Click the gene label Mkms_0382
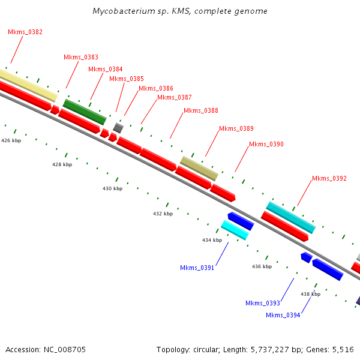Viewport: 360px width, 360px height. (25, 32)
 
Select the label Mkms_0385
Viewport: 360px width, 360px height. (127, 79)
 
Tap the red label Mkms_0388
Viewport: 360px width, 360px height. (201, 110)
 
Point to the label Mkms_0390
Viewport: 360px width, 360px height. (266, 144)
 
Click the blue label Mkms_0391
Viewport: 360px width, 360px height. (197, 268)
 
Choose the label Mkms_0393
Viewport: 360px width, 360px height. (262, 303)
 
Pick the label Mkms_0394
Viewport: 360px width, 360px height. (283, 315)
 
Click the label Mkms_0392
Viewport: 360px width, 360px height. (329, 178)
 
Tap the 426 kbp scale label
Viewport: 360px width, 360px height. (11, 140)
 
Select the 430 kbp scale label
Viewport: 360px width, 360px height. (112, 188)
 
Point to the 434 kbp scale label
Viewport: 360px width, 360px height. (212, 240)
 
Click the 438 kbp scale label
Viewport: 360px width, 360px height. (310, 294)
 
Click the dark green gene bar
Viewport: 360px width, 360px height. (85, 112)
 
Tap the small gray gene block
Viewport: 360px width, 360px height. (118, 127)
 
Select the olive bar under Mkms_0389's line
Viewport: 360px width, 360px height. (199, 168)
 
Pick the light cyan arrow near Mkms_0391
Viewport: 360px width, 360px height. (234, 230)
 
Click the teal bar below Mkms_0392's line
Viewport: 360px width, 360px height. (290, 217)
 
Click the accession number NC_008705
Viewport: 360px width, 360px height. (65, 349)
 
